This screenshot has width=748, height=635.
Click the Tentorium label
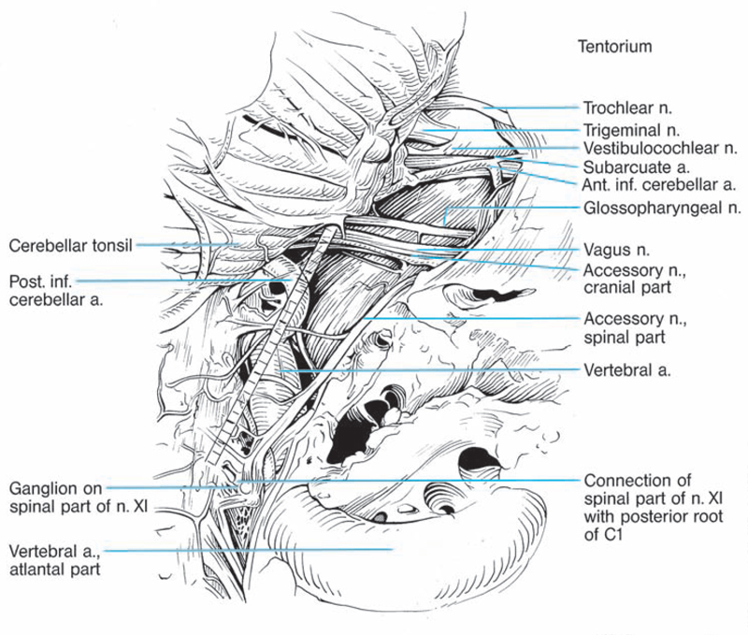pos(614,45)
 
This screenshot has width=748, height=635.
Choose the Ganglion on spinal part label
pos(79,498)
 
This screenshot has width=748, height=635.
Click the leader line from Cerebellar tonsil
pos(187,246)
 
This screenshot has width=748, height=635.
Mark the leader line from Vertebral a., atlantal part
pos(262,550)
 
